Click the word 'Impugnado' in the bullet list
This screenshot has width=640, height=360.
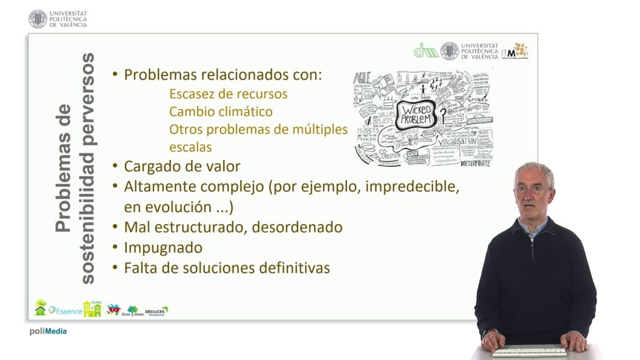click(163, 247)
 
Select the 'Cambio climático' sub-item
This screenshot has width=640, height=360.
click(221, 112)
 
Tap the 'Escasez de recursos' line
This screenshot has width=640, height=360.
click(228, 95)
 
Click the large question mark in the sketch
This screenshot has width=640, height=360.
click(444, 114)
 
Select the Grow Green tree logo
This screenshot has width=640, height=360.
click(131, 310)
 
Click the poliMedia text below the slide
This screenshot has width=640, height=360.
click(48, 331)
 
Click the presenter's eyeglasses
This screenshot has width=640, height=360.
click(530, 189)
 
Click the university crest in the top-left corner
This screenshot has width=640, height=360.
click(37, 19)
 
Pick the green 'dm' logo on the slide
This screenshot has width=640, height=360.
click(426, 52)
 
